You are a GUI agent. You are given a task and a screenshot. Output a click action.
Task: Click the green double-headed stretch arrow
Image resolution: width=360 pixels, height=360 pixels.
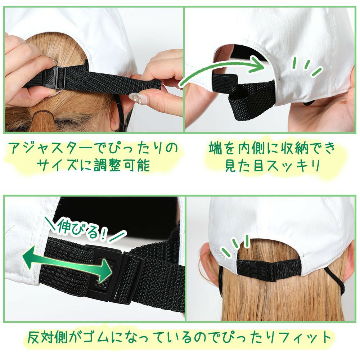(x=67, y=264)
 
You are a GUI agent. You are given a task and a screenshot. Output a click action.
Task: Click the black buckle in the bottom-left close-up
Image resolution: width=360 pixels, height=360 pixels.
(x=115, y=273)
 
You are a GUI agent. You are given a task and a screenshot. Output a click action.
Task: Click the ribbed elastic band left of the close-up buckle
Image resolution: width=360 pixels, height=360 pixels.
(x=67, y=264)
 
